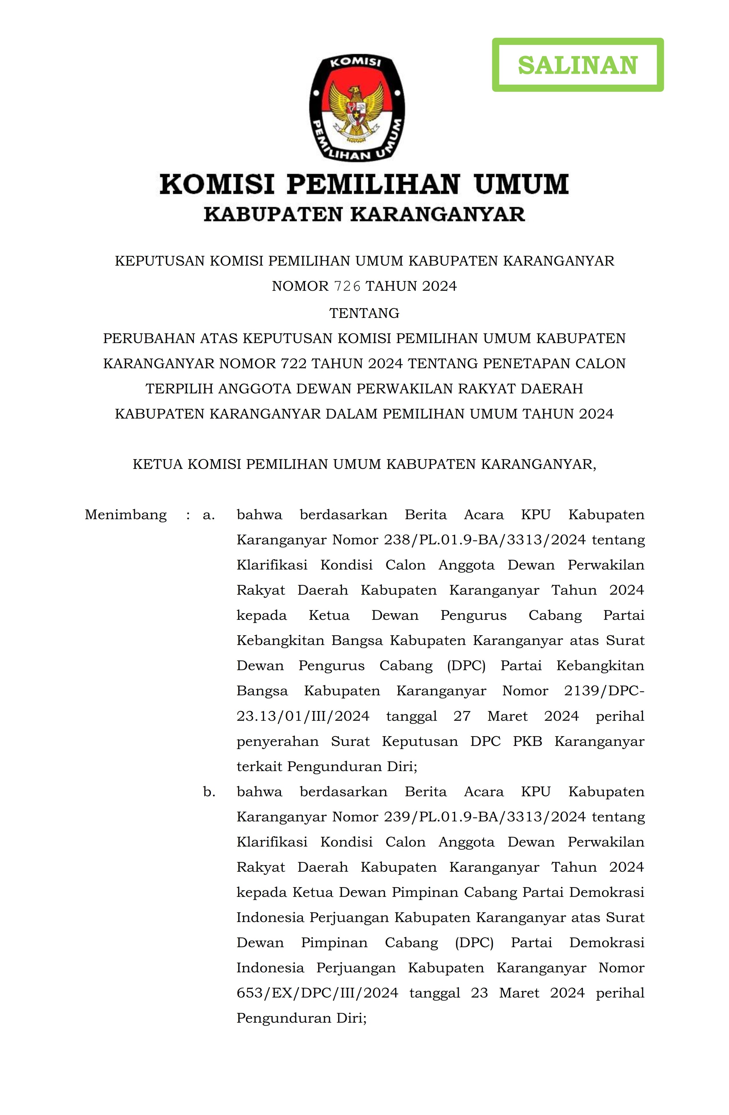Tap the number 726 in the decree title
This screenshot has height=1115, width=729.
click(347, 286)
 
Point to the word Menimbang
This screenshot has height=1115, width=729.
click(126, 515)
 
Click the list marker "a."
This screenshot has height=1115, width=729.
click(208, 515)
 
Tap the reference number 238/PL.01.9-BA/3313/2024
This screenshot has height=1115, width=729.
click(485, 540)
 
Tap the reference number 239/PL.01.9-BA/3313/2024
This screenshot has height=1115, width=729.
click(485, 817)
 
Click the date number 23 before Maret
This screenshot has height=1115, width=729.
click(479, 993)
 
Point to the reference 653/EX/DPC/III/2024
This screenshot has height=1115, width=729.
click(317, 993)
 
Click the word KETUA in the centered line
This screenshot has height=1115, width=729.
click(158, 464)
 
